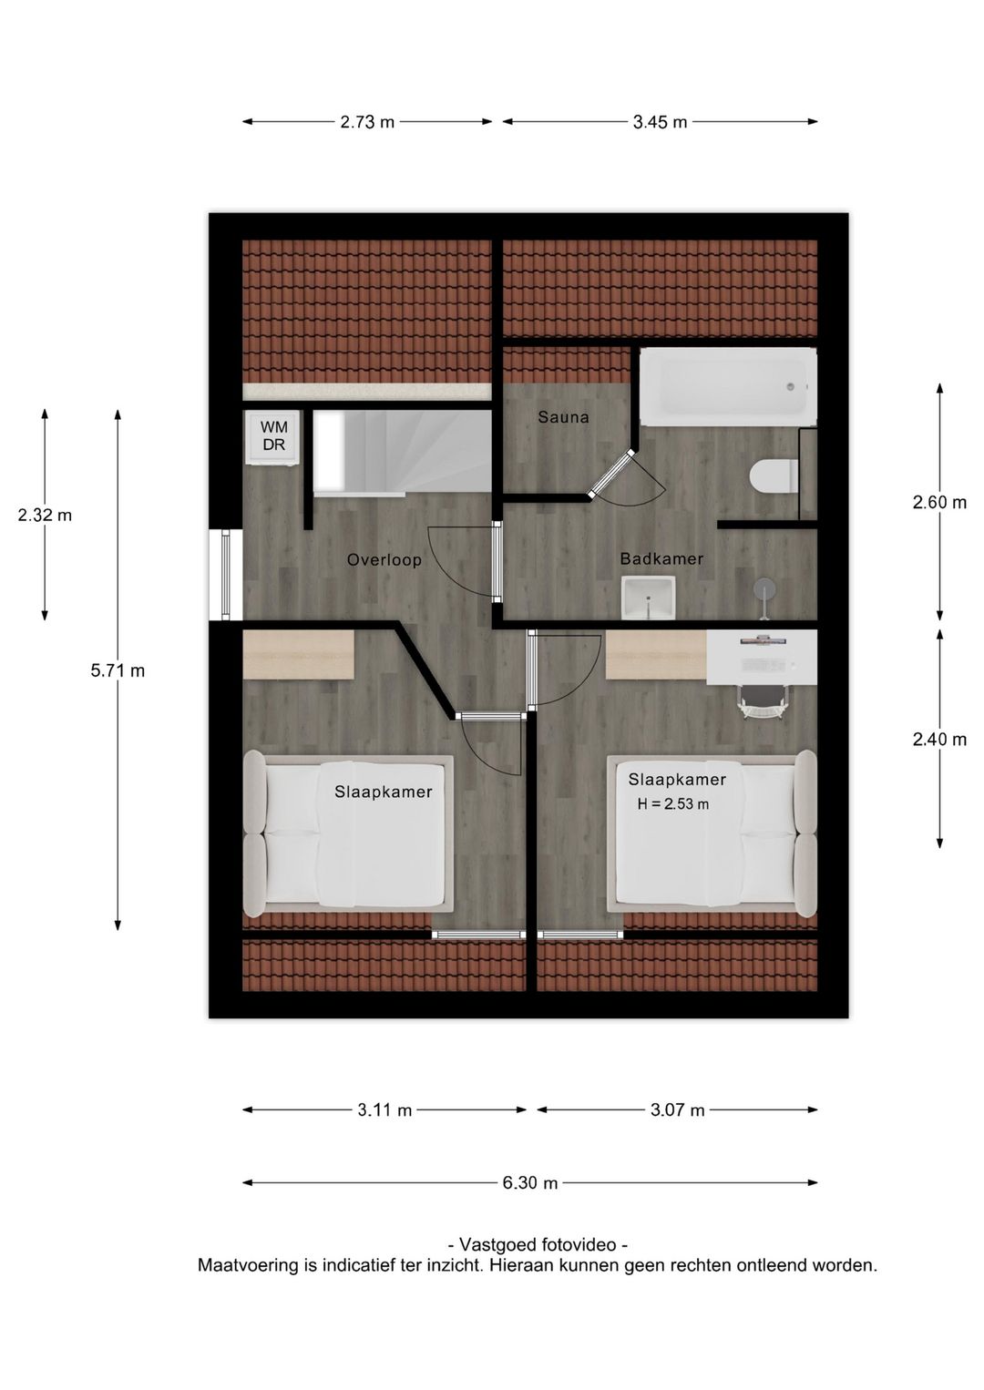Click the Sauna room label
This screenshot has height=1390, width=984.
[x=563, y=417]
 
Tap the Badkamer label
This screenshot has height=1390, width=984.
[x=661, y=559]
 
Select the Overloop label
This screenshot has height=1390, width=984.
[x=384, y=559]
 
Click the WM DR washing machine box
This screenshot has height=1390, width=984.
[x=273, y=436]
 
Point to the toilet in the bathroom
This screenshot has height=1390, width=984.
[x=774, y=476]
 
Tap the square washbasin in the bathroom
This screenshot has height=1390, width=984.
[x=648, y=597]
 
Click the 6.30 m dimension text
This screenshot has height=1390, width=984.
[x=530, y=1182]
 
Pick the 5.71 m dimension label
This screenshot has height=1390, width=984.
[x=118, y=670]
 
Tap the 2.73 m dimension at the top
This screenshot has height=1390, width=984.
[x=367, y=122]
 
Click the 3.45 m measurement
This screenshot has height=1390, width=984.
[x=660, y=122]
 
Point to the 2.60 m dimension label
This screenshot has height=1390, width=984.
[x=939, y=502]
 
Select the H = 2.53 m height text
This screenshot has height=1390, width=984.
[x=673, y=805]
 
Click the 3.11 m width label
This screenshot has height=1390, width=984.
[x=384, y=1110]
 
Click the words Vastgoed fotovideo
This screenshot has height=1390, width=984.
[x=538, y=1244]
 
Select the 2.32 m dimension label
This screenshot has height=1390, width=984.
[x=45, y=515]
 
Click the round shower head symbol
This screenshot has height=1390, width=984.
[x=764, y=587]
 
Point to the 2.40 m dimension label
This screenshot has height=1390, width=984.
[x=939, y=739]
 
